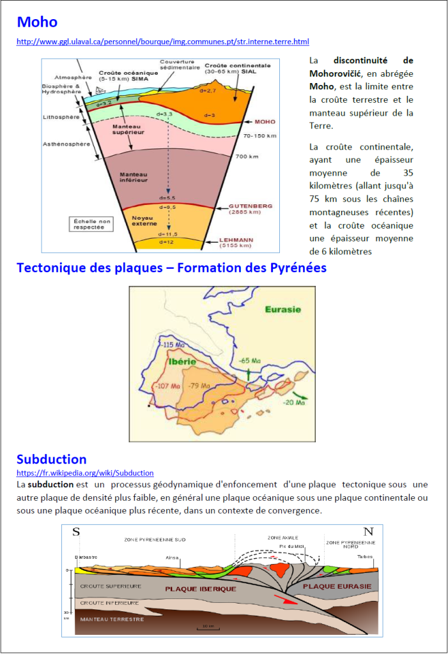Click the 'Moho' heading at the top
pyautogui.click(x=37, y=22)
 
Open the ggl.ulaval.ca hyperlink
pyautogui.click(x=162, y=42)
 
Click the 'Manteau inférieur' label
pyautogui.click(x=134, y=177)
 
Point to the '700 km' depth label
pyautogui.click(x=245, y=156)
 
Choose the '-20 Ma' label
pyautogui.click(x=295, y=402)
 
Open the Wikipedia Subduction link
pyautogui.click(x=85, y=473)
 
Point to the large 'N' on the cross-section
pyautogui.click(x=368, y=532)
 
